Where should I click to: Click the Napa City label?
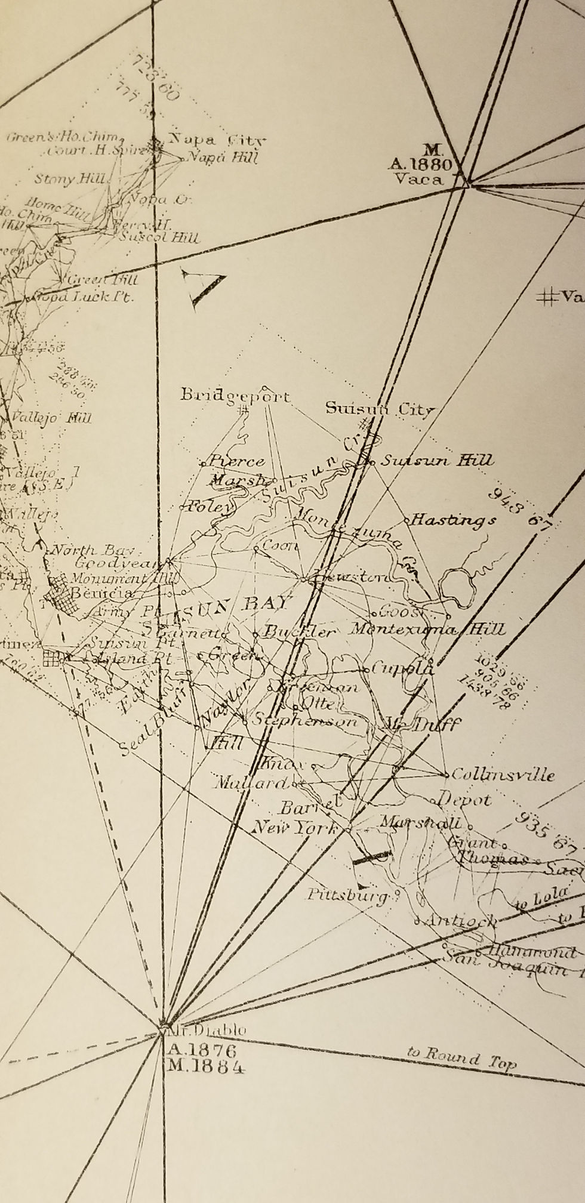[216, 141]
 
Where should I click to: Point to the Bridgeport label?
[235, 396]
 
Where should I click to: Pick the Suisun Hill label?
[436, 460]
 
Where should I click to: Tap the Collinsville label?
[503, 775]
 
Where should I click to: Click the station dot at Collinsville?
[447, 775]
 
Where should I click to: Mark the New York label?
[294, 828]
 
